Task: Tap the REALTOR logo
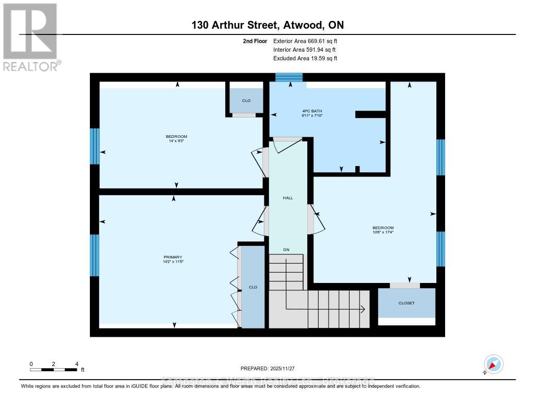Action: point(30,37)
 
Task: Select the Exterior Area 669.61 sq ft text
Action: point(305,41)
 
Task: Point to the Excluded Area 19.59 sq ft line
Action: point(305,58)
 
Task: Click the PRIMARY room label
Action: point(172,257)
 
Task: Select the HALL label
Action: point(287,198)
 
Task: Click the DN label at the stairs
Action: point(286,250)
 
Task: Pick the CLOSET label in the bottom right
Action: point(406,303)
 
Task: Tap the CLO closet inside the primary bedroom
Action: point(253,287)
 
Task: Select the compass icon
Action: point(493,364)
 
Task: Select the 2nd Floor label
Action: point(255,41)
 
